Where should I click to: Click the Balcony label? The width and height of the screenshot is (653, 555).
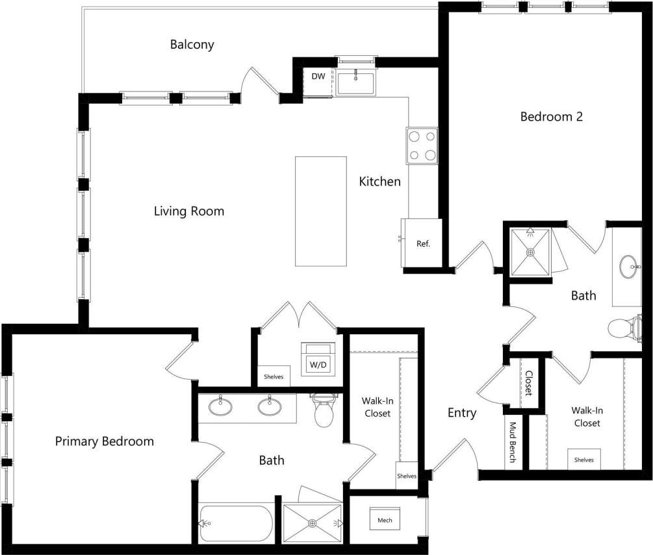(x=192, y=45)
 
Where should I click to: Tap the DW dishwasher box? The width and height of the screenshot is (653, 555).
(x=318, y=77)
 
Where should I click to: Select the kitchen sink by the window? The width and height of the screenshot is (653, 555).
(x=355, y=83)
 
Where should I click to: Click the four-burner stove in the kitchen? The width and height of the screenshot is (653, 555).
(x=422, y=145)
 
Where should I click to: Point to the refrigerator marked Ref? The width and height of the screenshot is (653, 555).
(x=423, y=244)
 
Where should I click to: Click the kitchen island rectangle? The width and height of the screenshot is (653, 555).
(x=320, y=211)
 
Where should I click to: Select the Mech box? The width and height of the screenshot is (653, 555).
(x=385, y=519)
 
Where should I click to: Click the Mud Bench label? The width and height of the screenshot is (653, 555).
(x=513, y=443)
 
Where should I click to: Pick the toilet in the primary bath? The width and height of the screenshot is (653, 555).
(x=323, y=411)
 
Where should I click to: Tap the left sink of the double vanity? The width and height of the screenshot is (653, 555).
(x=221, y=407)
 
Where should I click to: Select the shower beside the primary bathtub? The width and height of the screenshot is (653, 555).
(x=313, y=523)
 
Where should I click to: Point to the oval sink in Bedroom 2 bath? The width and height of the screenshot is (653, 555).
(x=628, y=267)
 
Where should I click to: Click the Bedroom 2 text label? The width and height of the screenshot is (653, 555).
(x=551, y=117)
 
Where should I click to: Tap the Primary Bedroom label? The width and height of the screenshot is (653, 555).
(x=104, y=441)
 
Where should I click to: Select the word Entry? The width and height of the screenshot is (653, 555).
(x=462, y=413)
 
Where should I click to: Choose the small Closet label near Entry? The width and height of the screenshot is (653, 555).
(x=528, y=384)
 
